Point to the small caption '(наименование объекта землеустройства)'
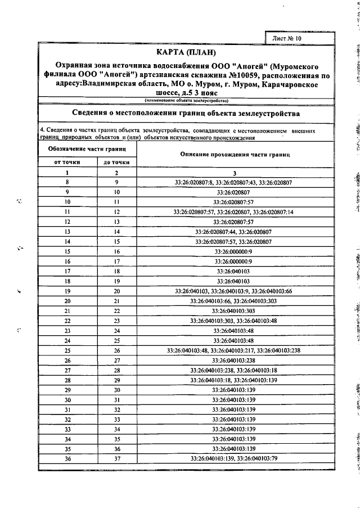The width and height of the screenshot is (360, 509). tap(186, 100)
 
